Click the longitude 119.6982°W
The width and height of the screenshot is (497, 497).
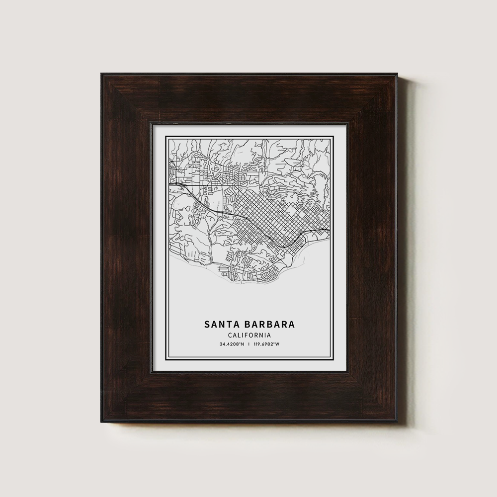pyautogui.click(x=267, y=344)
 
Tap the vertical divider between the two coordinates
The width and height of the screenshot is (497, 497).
pyautogui.click(x=248, y=344)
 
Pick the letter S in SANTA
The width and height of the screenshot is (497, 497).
pyautogui.click(x=207, y=325)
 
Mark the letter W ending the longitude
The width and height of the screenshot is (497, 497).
pyautogui.click(x=279, y=344)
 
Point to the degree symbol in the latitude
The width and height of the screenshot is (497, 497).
pyautogui.click(x=239, y=343)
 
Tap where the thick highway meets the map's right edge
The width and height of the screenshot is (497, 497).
pyautogui.click(x=330, y=229)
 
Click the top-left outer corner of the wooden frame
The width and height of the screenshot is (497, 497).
pyautogui.click(x=101, y=74)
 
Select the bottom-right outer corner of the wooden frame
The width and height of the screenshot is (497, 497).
pyautogui.click(x=398, y=422)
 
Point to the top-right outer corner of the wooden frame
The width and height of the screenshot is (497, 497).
pyautogui.click(x=398, y=74)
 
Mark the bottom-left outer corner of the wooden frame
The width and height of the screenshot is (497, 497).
pyautogui.click(x=101, y=422)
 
